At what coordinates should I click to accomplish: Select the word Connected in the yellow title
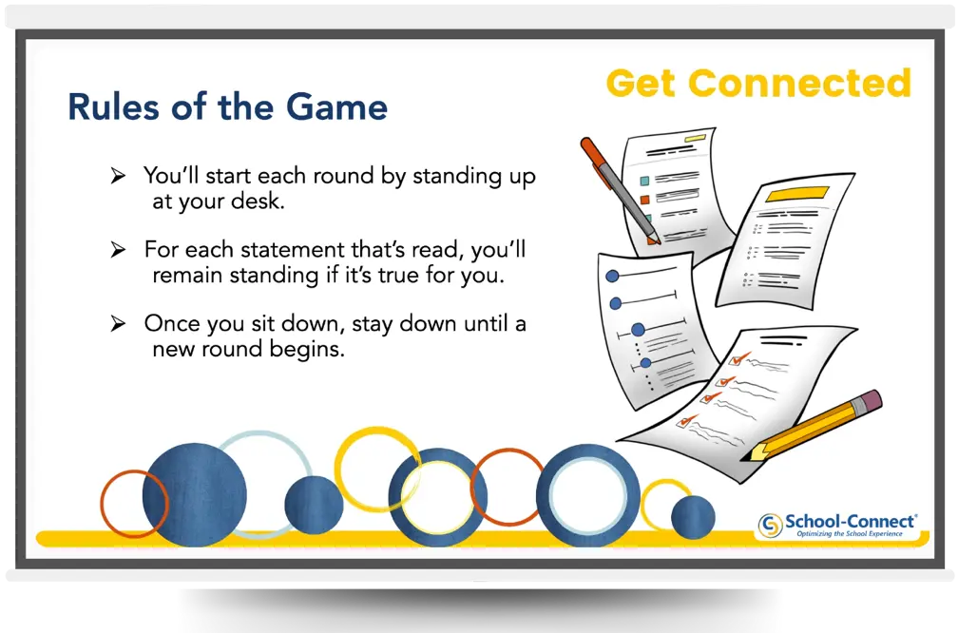(799, 84)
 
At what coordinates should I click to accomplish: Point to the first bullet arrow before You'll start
(118, 176)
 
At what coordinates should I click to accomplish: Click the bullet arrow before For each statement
(118, 250)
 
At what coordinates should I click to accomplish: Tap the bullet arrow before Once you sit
(118, 324)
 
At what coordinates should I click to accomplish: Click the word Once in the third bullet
(171, 324)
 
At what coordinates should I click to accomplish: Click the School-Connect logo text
(850, 521)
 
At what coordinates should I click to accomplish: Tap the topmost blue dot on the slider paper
(612, 277)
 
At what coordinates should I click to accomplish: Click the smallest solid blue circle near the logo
(692, 517)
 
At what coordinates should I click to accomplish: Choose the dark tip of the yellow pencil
(747, 454)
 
